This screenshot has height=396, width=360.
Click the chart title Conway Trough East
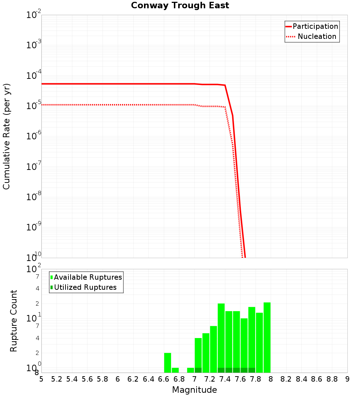(x=180, y=6)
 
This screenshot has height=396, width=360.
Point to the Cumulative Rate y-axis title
(x=7, y=136)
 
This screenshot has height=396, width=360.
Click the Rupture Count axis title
(x=14, y=321)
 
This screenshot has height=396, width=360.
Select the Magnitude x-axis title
(x=194, y=390)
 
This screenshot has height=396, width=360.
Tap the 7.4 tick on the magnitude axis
(x=225, y=379)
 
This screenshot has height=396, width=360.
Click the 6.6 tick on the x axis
(x=164, y=379)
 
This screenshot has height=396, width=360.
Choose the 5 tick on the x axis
(x=41, y=379)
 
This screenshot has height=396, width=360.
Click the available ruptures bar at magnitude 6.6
(x=167, y=363)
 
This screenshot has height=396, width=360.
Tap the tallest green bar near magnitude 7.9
(x=267, y=337)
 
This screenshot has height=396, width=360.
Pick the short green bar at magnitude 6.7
(x=175, y=370)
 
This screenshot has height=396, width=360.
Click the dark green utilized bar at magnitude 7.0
(x=198, y=370)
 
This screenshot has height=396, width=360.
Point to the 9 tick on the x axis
(x=347, y=379)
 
